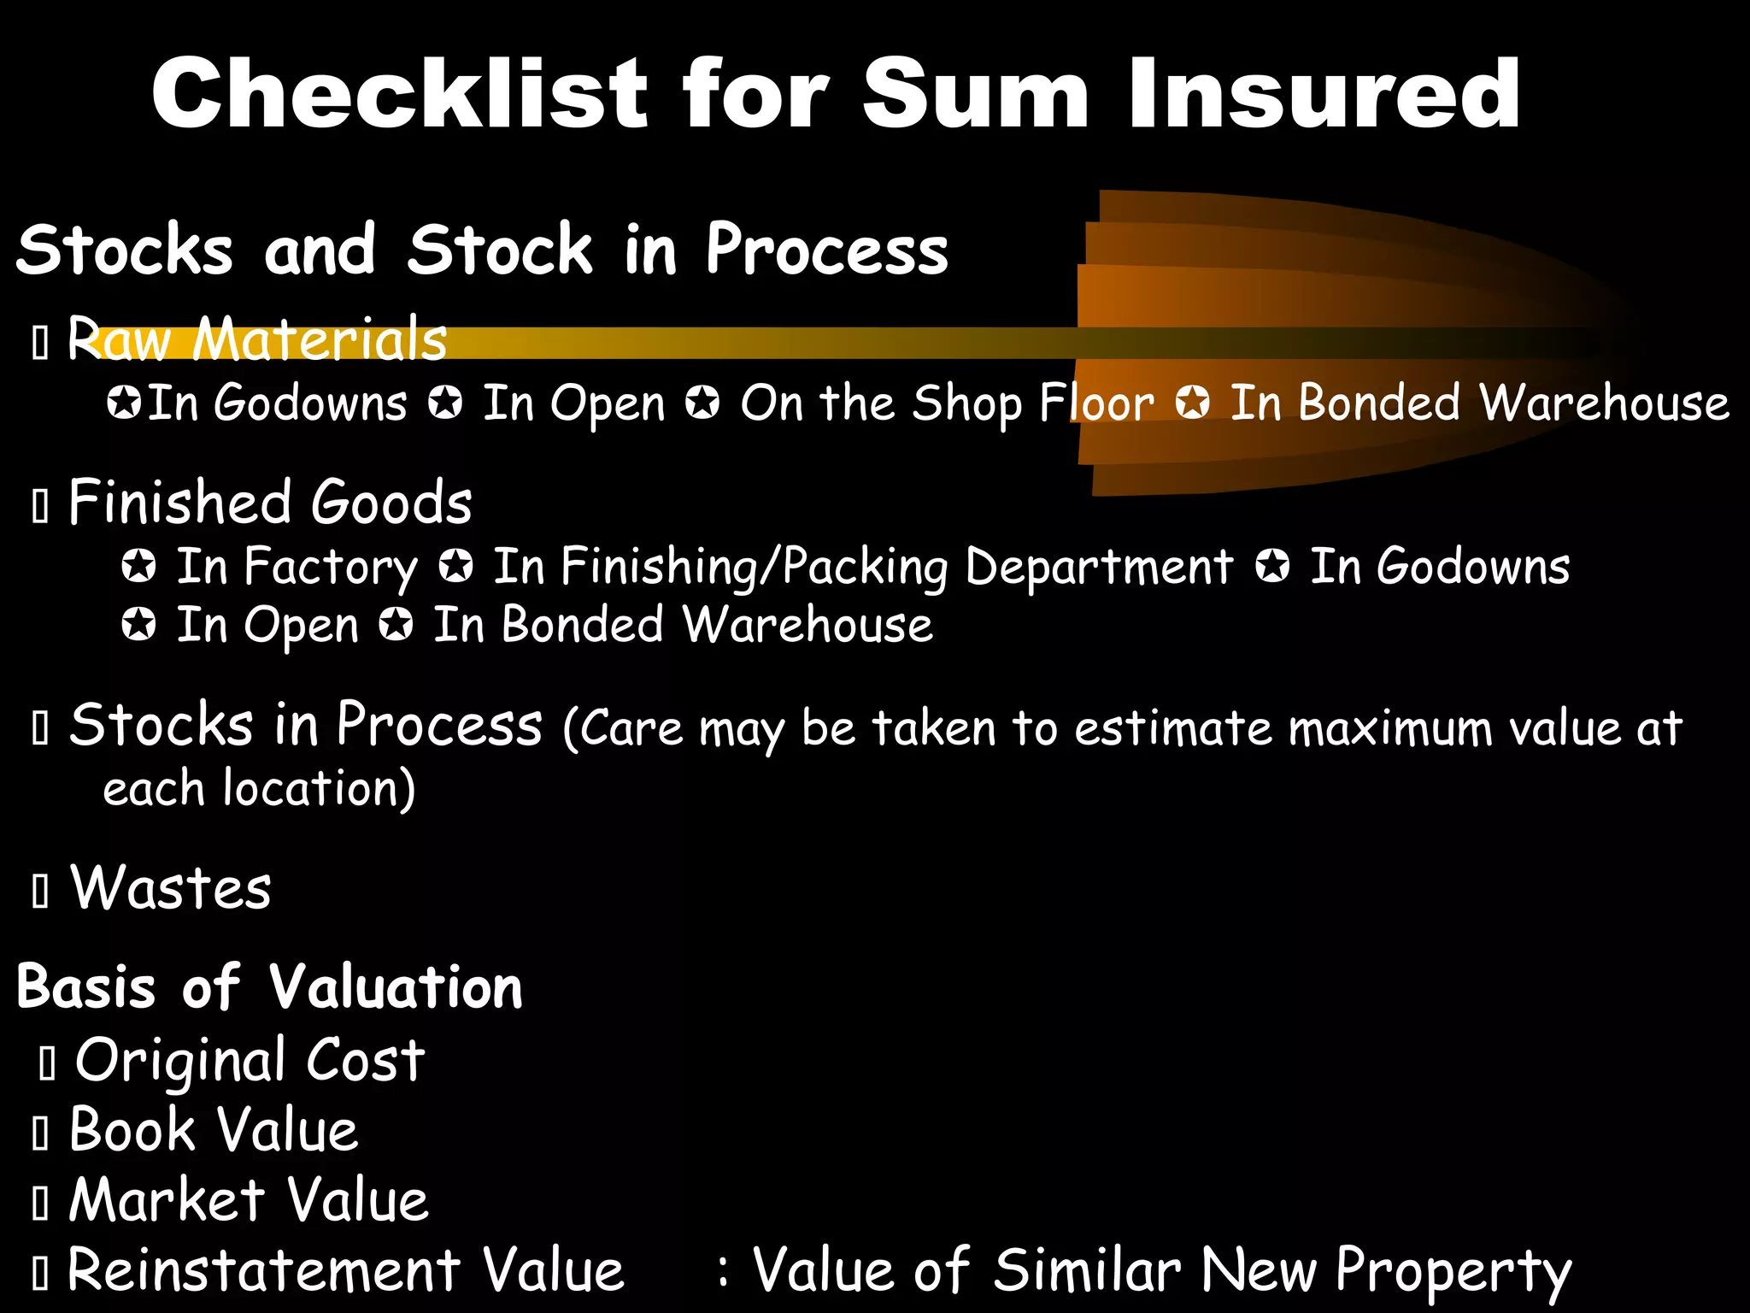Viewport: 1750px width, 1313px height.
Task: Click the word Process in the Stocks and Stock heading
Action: point(826,250)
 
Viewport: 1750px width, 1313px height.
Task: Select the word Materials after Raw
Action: point(319,339)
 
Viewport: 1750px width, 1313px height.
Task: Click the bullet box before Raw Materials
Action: point(39,343)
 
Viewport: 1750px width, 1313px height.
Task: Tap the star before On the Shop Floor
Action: point(702,402)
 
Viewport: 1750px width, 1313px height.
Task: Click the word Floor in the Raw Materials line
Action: point(1096,403)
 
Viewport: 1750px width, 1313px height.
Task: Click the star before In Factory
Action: point(138,566)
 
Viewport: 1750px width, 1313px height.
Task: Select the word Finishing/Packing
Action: point(720,568)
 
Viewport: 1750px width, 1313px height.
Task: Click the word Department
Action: point(1099,568)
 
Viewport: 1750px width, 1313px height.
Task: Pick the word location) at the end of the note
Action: point(319,788)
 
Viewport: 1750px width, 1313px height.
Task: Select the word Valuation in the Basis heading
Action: point(396,987)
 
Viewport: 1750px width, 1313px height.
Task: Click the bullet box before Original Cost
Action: point(47,1063)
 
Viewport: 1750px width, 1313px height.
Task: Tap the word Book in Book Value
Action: point(132,1130)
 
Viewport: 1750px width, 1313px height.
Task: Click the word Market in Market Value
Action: point(167,1200)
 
